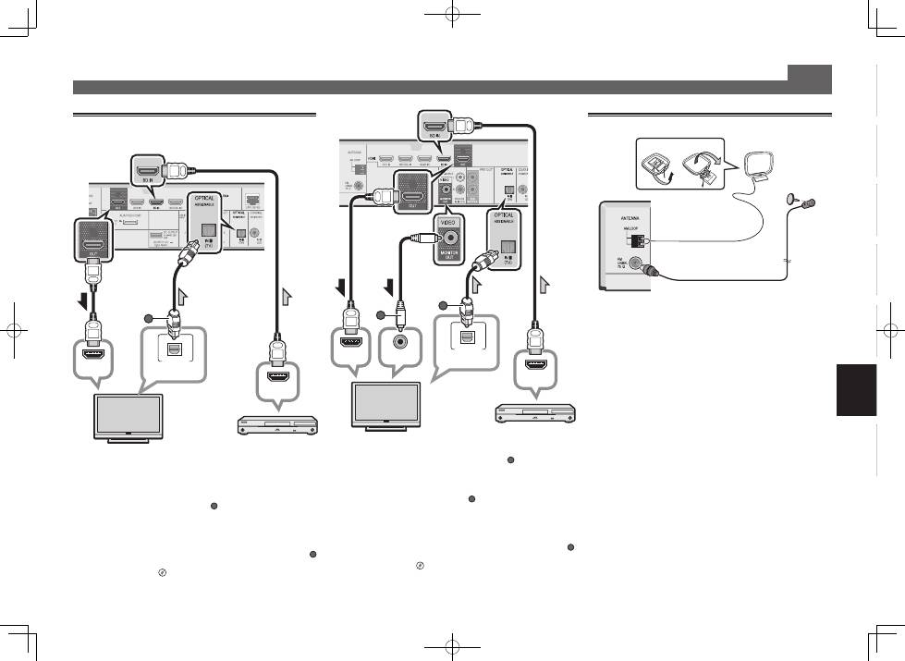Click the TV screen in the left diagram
tap(128, 414)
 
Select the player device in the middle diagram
tap(535, 411)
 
